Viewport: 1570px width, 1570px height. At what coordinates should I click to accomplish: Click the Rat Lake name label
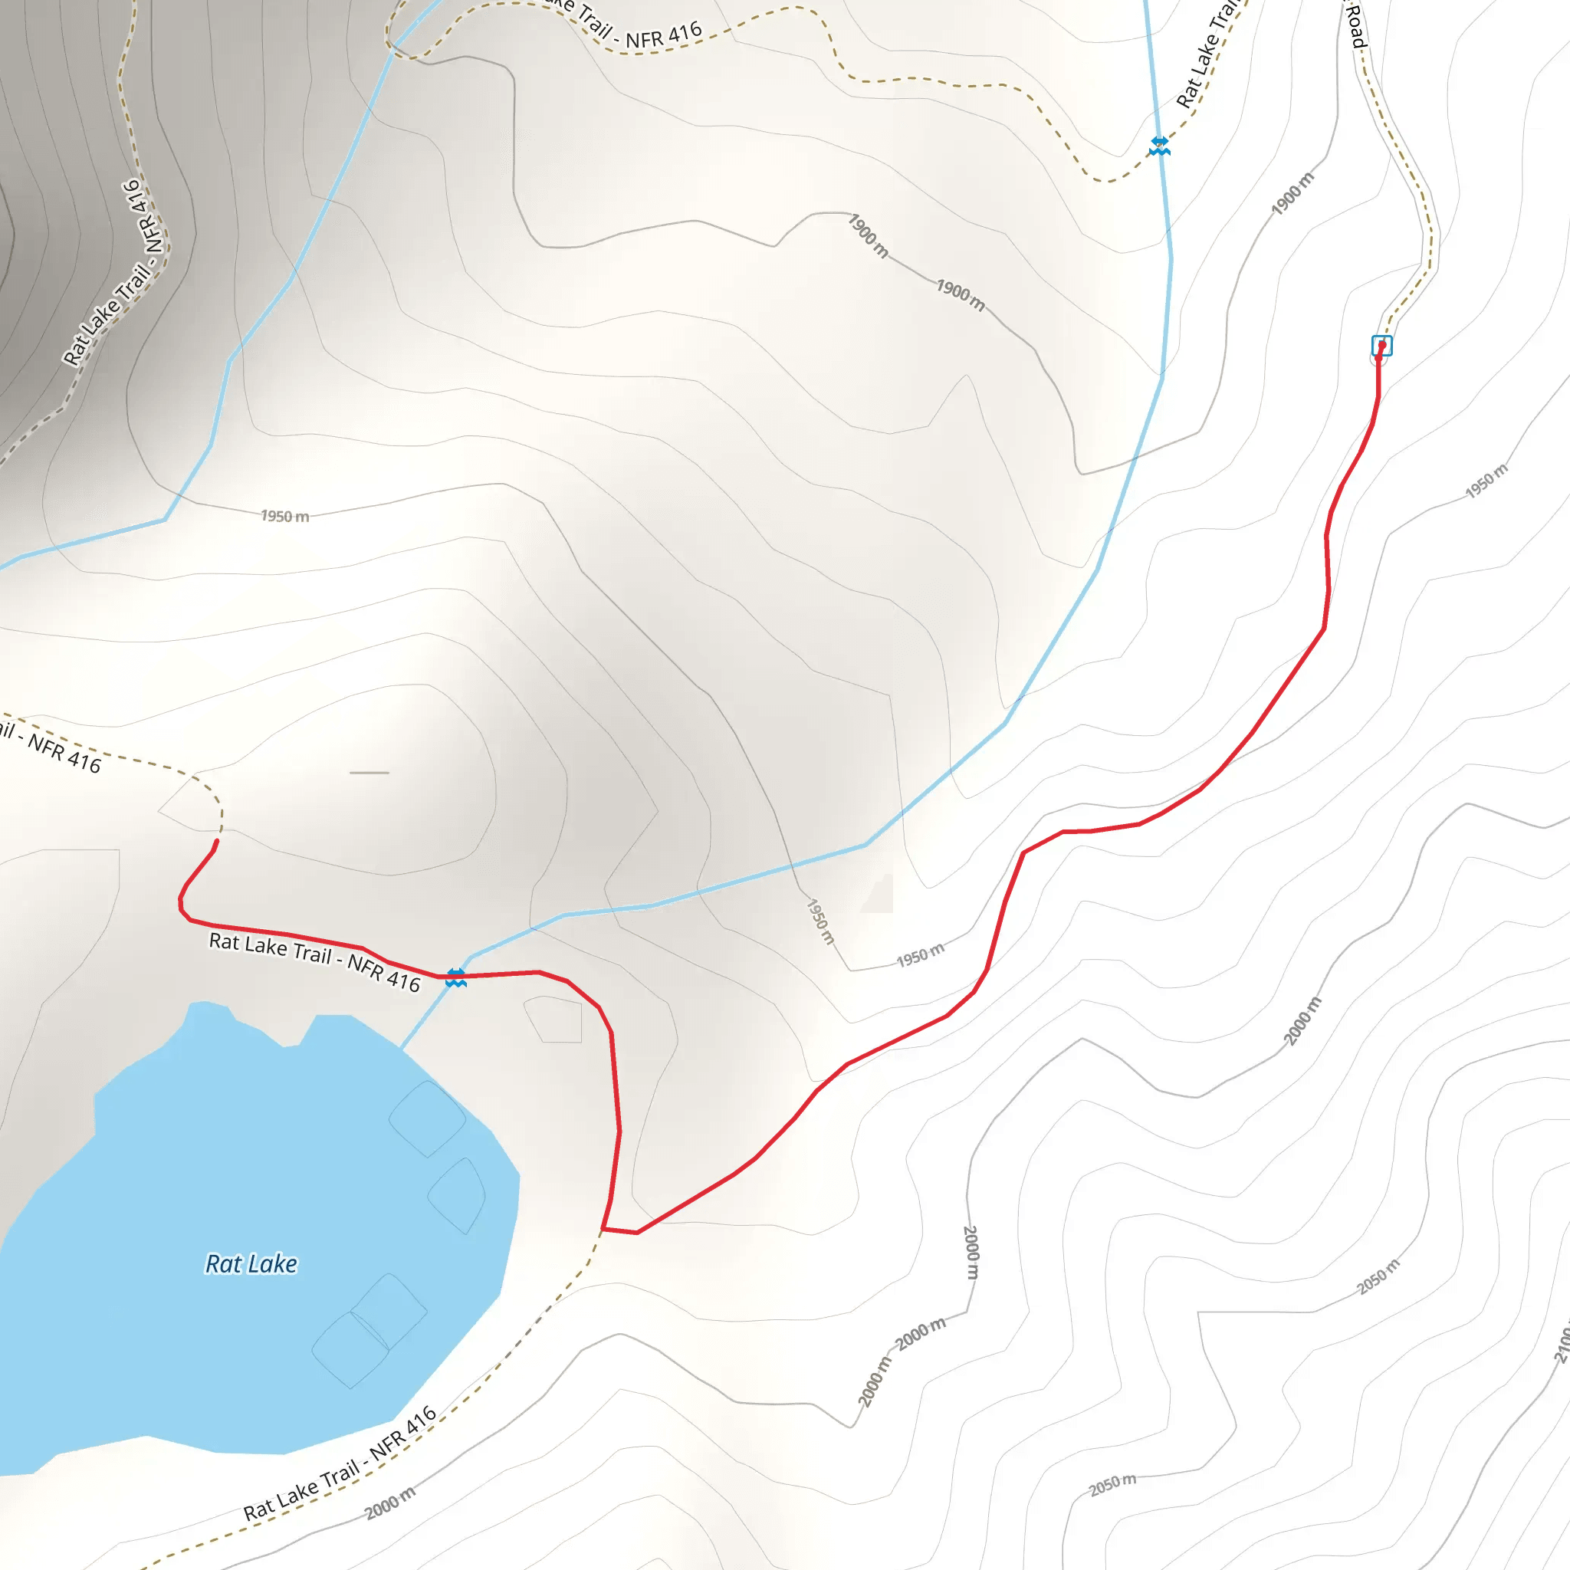[251, 1263]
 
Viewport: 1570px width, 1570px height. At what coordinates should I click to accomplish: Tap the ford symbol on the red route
[456, 977]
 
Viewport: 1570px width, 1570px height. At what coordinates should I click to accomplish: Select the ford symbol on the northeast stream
[1160, 146]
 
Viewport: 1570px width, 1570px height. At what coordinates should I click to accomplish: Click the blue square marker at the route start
[1381, 346]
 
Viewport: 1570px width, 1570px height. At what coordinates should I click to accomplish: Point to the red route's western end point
[217, 842]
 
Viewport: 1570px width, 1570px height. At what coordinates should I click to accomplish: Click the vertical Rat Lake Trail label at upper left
[117, 272]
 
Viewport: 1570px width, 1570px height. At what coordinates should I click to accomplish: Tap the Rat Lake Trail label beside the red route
[314, 962]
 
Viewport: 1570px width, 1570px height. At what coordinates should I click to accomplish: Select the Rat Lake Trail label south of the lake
[340, 1463]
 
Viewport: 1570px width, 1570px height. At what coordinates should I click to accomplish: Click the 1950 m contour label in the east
[1486, 480]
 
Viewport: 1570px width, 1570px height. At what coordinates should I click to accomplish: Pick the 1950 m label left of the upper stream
[284, 516]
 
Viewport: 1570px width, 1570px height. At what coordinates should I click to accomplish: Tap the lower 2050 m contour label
[1112, 1485]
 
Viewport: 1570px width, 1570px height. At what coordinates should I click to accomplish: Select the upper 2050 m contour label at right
[1379, 1276]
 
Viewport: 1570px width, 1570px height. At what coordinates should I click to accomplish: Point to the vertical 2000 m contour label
[971, 1253]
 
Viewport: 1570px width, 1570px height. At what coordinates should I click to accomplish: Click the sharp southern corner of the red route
[604, 1229]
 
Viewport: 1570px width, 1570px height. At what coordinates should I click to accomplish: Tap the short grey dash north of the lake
[369, 773]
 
